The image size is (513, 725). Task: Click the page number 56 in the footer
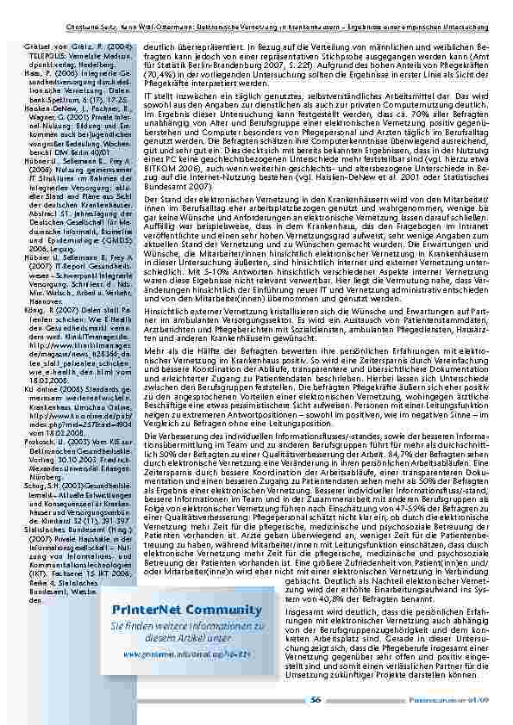point(315,700)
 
